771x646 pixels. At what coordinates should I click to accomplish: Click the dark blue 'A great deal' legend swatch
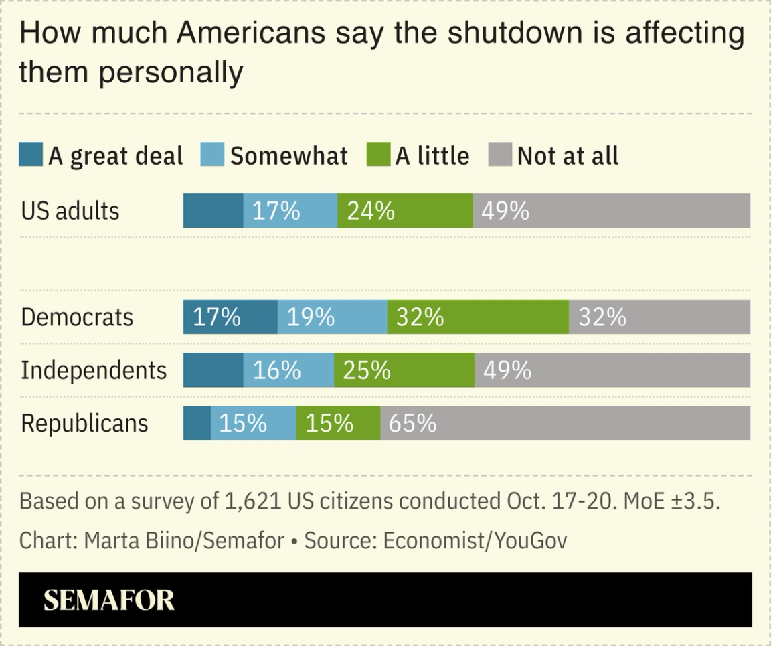[x=31, y=155]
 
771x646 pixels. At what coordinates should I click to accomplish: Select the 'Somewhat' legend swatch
[x=213, y=155]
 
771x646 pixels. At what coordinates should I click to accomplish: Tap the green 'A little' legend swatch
[x=378, y=155]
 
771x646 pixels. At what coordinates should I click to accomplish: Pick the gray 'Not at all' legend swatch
[x=501, y=155]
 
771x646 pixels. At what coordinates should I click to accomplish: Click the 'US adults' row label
[x=70, y=211]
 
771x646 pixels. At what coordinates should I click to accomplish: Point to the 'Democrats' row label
[x=77, y=317]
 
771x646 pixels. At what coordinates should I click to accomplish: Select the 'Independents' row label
[x=94, y=370]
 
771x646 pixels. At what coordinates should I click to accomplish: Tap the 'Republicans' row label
[x=84, y=423]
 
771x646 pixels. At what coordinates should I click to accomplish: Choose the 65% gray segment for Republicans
[x=565, y=423]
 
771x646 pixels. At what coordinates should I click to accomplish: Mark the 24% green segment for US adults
[x=405, y=211]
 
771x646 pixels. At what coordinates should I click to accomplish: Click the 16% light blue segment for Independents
[x=288, y=370]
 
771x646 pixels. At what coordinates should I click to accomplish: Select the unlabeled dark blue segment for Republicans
[x=197, y=423]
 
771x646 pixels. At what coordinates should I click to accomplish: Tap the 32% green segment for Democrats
[x=478, y=317]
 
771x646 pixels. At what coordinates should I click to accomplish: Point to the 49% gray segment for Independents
[x=612, y=370]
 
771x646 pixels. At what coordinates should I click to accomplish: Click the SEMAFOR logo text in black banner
[x=109, y=600]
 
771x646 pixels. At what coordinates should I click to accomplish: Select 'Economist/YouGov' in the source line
[x=475, y=540]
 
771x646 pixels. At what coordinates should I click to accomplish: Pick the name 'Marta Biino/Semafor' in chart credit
[x=184, y=540]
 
